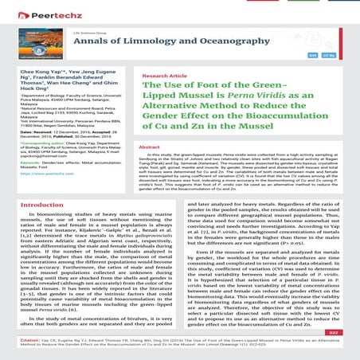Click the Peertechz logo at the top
(x=39, y=14)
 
